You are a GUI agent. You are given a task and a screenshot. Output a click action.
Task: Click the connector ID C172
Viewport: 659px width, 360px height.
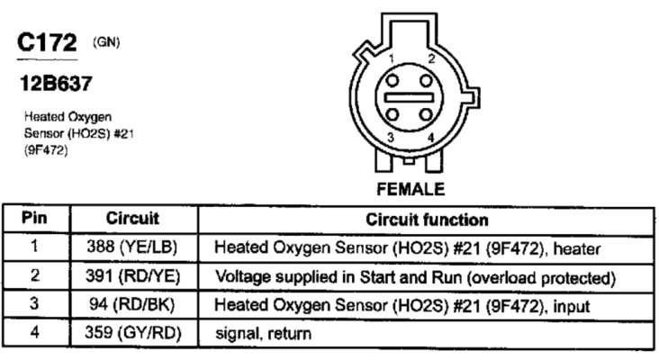point(47,42)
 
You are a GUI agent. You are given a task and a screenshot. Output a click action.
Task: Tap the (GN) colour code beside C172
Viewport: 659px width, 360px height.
point(106,42)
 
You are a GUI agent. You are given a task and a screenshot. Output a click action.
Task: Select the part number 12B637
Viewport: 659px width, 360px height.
point(56,83)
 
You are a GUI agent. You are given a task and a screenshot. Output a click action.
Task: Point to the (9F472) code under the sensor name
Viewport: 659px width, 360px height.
point(46,150)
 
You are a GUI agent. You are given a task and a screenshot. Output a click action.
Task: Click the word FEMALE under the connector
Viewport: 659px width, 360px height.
point(411,189)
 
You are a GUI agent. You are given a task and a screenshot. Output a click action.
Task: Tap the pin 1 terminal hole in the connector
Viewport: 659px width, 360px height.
point(393,80)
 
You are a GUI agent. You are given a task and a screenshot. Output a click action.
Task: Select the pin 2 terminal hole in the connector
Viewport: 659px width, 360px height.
point(426,80)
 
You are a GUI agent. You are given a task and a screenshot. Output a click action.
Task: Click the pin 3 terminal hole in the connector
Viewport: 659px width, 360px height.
point(393,114)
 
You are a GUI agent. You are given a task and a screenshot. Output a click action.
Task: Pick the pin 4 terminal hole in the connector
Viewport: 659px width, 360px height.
point(426,114)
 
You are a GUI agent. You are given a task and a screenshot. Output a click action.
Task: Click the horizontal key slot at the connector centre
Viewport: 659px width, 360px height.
point(409,97)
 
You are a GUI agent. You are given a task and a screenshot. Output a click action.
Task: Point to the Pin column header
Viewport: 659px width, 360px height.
point(34,218)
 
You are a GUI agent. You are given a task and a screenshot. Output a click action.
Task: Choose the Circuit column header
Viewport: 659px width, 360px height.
point(132,219)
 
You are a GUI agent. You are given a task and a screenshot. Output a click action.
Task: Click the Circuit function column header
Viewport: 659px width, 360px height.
point(427,220)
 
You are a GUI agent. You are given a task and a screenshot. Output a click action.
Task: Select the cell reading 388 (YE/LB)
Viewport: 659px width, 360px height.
point(132,247)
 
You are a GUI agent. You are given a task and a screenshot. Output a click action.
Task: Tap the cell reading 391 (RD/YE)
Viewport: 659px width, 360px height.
point(133,276)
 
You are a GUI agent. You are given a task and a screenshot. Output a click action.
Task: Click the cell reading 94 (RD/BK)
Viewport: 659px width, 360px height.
point(131,304)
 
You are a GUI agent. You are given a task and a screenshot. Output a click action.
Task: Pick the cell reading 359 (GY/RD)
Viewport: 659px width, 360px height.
point(133,333)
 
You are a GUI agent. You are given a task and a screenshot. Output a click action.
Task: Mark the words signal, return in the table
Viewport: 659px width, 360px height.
point(263,334)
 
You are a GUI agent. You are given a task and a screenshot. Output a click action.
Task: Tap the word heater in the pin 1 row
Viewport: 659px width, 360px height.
point(576,249)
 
